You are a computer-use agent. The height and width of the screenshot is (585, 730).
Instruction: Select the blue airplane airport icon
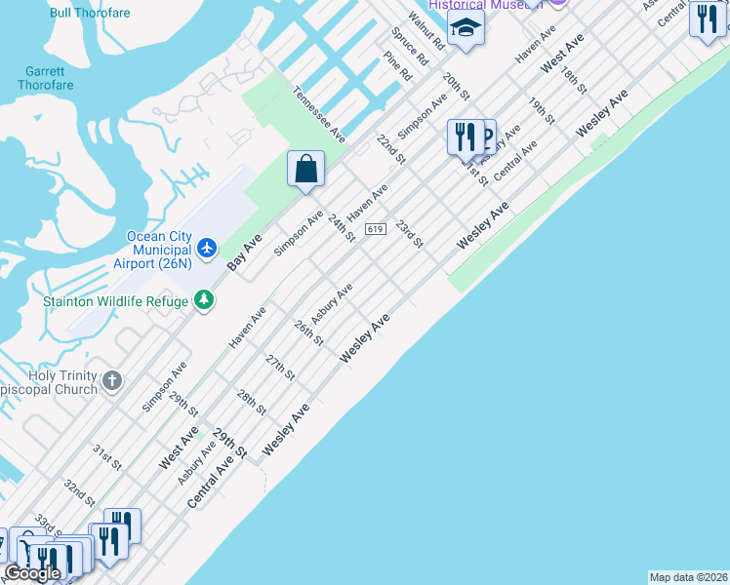(x=206, y=248)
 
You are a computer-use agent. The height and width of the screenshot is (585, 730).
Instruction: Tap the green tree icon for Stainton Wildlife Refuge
(x=204, y=299)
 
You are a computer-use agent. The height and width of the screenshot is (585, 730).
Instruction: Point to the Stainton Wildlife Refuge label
(x=115, y=301)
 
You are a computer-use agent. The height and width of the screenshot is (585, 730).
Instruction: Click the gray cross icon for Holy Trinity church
(x=112, y=379)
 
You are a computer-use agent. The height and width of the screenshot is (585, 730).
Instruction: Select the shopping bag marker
(x=305, y=168)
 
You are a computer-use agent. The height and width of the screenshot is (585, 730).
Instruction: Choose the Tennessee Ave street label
(x=319, y=114)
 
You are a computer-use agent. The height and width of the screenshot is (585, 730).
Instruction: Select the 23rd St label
(x=409, y=235)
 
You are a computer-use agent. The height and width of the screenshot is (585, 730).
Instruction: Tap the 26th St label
(x=308, y=331)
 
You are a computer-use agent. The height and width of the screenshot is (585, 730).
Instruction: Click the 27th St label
(x=280, y=368)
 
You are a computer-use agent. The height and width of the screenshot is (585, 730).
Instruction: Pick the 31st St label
(x=106, y=457)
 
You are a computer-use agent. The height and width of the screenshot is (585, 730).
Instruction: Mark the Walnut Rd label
(x=426, y=31)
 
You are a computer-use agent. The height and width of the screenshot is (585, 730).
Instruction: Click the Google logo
(x=32, y=572)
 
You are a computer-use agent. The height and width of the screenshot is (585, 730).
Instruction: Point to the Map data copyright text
(x=688, y=577)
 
